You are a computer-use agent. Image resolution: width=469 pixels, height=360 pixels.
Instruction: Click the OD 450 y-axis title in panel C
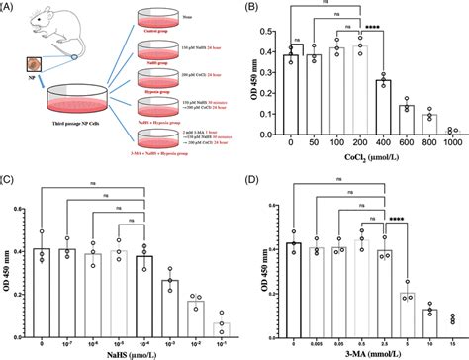[8, 267]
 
